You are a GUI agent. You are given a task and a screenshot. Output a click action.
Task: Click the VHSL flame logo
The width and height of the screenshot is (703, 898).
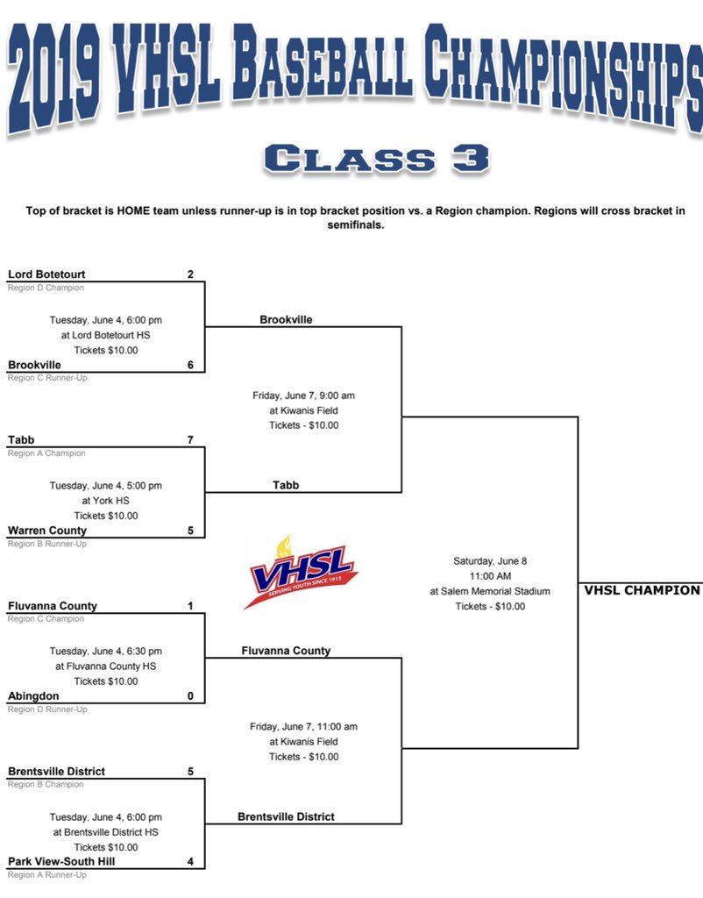point(302,571)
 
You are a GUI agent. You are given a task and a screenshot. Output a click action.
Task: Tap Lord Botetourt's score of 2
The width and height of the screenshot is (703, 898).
point(190,274)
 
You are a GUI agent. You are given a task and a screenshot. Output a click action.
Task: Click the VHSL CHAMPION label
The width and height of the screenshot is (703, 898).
point(642,590)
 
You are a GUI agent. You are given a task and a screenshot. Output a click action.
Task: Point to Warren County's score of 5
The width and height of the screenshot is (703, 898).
point(190,531)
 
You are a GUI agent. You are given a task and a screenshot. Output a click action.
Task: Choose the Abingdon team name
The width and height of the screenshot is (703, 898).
point(34,695)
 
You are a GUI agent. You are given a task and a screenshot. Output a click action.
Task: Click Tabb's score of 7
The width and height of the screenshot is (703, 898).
point(190,439)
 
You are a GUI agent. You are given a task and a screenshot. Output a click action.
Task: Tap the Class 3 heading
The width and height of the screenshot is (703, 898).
point(375,159)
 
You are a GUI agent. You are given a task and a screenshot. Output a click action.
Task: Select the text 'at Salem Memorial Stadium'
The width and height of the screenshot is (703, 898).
point(490,591)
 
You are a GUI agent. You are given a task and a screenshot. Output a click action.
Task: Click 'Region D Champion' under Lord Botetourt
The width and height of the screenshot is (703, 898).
point(46,288)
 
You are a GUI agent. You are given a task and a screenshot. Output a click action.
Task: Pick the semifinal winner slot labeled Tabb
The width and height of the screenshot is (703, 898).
point(286,485)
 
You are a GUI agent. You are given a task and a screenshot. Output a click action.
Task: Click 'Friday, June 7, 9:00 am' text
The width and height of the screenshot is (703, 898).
point(303,396)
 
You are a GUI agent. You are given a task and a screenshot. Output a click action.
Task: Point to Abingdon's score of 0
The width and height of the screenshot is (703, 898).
point(190,695)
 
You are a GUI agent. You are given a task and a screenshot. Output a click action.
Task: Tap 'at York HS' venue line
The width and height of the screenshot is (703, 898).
point(105,501)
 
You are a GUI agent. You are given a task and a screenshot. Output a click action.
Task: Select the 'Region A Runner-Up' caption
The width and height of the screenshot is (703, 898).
point(47,874)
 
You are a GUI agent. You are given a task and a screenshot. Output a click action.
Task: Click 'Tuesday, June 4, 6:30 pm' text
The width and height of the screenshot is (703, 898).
point(105,651)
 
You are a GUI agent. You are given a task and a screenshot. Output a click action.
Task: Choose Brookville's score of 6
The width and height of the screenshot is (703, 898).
point(190,365)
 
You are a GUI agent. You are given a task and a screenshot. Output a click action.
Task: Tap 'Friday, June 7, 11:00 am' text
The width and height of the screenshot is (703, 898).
point(303,726)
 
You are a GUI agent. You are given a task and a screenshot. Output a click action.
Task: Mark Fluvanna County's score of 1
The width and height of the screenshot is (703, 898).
point(190,606)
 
